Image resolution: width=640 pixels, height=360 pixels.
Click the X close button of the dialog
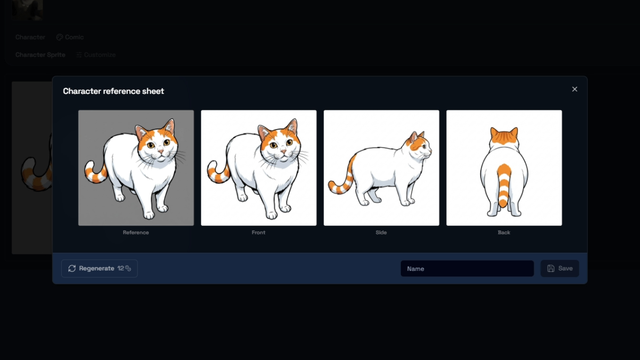point(574,89)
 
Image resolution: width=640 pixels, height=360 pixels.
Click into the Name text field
point(467,268)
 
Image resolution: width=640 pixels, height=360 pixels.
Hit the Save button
point(560,268)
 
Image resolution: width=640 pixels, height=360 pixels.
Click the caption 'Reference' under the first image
point(136,233)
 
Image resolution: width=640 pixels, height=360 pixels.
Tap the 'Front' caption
point(259,233)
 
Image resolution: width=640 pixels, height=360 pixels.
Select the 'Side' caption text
point(381,233)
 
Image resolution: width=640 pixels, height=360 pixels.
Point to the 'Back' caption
point(504,233)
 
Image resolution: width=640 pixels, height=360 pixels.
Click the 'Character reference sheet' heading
point(113,91)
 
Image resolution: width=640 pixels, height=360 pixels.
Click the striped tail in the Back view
point(504,186)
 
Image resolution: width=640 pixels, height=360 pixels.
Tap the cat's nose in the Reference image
point(160,150)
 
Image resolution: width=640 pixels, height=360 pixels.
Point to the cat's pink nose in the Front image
point(283,150)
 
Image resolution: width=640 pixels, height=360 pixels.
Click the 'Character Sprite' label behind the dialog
point(40,55)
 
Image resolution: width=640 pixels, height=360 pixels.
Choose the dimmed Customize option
point(96,55)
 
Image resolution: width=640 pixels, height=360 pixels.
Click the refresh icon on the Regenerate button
point(72,268)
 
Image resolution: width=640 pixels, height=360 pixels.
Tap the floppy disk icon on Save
point(551,268)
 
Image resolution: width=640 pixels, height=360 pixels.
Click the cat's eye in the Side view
point(424,147)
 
